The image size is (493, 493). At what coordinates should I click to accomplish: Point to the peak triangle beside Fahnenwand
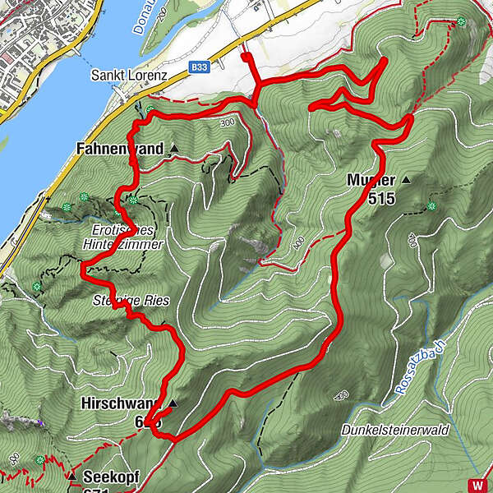[174, 150]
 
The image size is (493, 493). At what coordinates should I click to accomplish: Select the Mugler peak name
[371, 180]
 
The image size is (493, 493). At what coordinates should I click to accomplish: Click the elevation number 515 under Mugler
[381, 198]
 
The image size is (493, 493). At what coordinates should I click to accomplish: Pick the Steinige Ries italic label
[131, 301]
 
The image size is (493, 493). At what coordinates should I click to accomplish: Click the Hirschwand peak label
[117, 403]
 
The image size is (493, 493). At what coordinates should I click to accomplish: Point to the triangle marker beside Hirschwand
[173, 403]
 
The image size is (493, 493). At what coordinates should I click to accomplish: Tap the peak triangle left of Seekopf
[71, 476]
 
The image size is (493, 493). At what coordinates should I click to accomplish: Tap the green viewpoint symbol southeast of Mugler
[431, 206]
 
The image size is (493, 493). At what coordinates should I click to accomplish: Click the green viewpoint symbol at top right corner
[462, 21]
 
